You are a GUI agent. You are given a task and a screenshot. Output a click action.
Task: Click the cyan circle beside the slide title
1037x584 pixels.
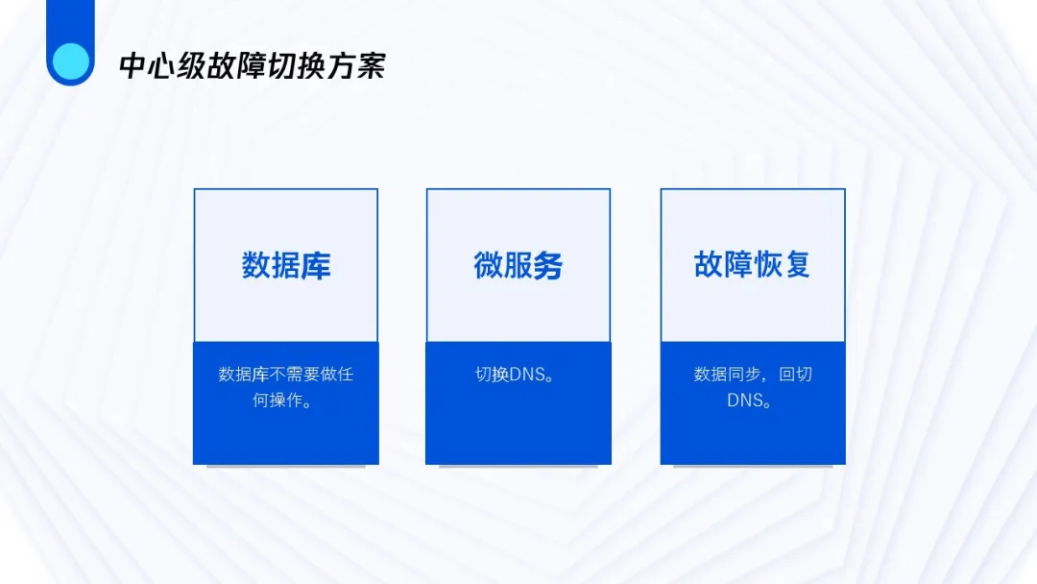coord(71,61)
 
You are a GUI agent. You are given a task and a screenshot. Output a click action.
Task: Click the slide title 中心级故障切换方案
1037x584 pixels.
coord(253,66)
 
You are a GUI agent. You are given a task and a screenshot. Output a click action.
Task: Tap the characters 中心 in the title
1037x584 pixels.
coord(148,66)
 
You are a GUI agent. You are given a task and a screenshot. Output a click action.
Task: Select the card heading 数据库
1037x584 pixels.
coord(286,265)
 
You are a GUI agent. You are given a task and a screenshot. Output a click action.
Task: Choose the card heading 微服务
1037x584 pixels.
coord(518,265)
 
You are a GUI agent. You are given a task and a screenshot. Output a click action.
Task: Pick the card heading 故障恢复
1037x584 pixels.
coord(752,264)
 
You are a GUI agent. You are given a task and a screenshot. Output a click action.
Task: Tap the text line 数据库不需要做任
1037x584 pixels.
coord(286,375)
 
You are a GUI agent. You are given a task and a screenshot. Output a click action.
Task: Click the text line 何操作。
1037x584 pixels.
coord(282,401)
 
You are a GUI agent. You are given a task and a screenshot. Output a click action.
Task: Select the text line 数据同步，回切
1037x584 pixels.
coord(753,375)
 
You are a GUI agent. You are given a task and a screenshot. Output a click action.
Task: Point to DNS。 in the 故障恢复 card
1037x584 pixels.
coord(749,401)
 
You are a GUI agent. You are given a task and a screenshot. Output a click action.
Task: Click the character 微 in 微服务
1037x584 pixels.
coord(488,265)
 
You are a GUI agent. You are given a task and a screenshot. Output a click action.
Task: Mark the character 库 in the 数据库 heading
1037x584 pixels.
coord(316,265)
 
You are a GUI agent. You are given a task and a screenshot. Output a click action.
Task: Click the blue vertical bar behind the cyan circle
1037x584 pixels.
coord(71,27)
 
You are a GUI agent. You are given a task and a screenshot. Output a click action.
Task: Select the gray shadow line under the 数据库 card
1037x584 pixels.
coord(286,466)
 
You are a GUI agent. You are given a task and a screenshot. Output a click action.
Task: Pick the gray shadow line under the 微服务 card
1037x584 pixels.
coord(518,466)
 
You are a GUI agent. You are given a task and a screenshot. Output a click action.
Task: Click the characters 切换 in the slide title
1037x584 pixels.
coord(297,66)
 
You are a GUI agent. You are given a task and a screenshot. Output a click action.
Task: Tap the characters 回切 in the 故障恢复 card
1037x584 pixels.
coord(796,375)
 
